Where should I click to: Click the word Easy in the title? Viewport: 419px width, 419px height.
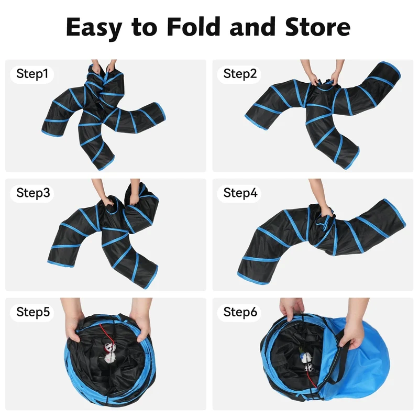pyautogui.click(x=94, y=28)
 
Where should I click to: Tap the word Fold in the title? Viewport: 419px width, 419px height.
pyautogui.click(x=193, y=27)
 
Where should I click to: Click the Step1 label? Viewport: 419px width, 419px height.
pyautogui.click(x=32, y=74)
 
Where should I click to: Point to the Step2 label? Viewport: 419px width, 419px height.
pyautogui.click(x=240, y=74)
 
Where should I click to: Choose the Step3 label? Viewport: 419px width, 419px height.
pyautogui.click(x=33, y=193)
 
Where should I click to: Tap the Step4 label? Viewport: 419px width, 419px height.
pyautogui.click(x=240, y=193)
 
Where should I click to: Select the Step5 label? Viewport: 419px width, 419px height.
pyautogui.click(x=33, y=312)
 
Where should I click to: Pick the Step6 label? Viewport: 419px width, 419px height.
pyautogui.click(x=240, y=312)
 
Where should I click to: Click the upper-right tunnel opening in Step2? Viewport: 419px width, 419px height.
pyautogui.click(x=391, y=70)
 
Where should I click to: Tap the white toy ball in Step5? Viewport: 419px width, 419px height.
pyautogui.click(x=109, y=358)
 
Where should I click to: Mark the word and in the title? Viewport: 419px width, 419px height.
pyautogui.click(x=252, y=27)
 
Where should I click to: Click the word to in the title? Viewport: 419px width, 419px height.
pyautogui.click(x=145, y=28)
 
